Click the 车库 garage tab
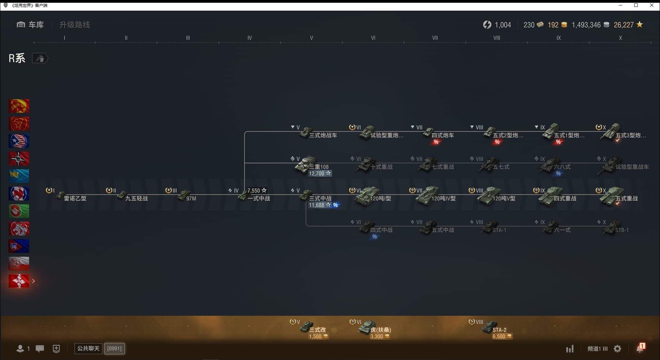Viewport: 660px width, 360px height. tap(31, 25)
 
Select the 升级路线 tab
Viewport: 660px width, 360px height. tap(75, 25)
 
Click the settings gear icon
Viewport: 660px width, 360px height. tap(617, 349)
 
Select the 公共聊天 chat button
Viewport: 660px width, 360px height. tap(88, 349)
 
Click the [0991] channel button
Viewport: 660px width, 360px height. tap(114, 349)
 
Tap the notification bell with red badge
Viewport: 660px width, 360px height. tap(640, 349)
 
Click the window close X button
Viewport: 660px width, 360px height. tap(652, 5)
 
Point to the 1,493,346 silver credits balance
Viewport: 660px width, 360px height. tap(586, 25)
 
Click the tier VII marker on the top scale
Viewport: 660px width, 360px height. tap(435, 38)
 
